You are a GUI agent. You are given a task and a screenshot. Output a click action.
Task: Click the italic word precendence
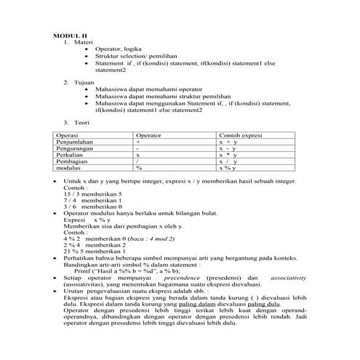tap(183, 279)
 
